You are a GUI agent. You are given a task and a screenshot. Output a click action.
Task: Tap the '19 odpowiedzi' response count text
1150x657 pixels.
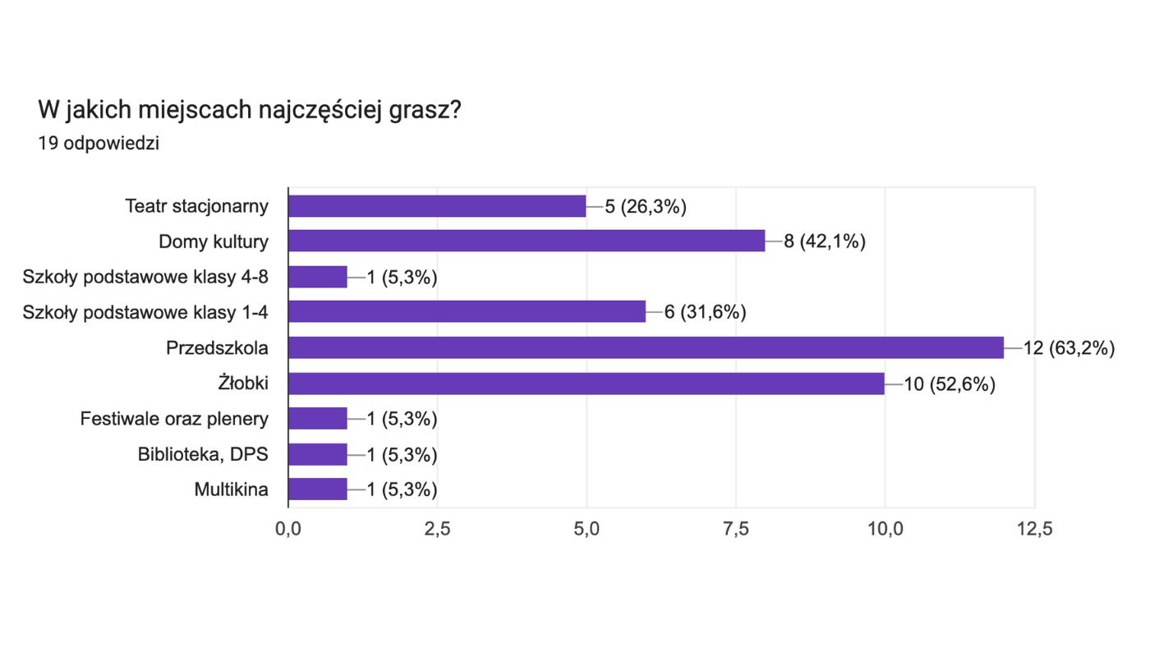tap(99, 144)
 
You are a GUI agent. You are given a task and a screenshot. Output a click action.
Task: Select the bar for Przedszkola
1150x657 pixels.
tap(646, 348)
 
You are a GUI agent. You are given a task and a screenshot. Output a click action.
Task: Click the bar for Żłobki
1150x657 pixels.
tap(586, 384)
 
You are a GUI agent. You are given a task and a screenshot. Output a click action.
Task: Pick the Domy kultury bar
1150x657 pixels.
tap(527, 241)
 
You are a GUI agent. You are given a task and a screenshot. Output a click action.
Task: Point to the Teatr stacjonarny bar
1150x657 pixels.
tap(437, 206)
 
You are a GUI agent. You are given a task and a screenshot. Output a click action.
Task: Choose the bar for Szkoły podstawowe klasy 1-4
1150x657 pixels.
tap(467, 312)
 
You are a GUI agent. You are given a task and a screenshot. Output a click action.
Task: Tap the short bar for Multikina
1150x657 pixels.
tap(318, 489)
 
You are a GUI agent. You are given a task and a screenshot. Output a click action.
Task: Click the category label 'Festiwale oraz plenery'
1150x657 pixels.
tap(174, 419)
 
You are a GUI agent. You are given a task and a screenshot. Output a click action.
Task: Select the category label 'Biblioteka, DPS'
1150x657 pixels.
tap(203, 454)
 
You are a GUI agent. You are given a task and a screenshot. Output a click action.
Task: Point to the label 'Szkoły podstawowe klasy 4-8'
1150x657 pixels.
tap(146, 277)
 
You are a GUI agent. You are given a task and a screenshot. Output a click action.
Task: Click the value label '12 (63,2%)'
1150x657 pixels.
tap(1069, 348)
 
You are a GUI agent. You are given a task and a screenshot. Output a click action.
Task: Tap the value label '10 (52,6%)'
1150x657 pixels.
tap(950, 384)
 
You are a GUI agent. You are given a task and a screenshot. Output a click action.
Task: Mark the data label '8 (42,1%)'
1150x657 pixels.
tap(825, 241)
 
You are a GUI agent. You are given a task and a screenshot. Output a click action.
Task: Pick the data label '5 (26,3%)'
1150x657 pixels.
tap(646, 206)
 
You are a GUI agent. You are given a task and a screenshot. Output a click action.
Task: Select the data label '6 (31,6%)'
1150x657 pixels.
tap(705, 312)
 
